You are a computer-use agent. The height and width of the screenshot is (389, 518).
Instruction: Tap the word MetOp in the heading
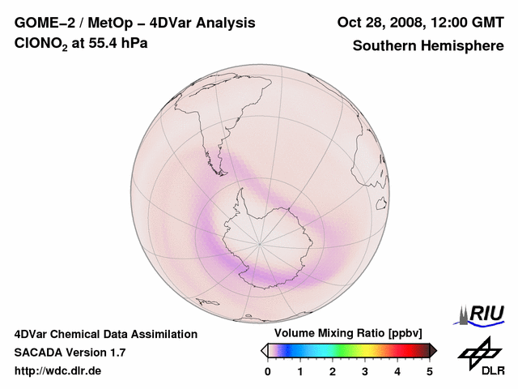pos(104,23)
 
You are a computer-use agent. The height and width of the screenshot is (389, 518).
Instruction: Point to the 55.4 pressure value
pos(107,44)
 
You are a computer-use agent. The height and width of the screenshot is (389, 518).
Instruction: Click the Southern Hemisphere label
pos(428,45)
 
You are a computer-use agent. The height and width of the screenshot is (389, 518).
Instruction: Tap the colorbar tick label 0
pos(268,371)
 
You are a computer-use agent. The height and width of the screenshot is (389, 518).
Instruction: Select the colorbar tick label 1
pos(300,371)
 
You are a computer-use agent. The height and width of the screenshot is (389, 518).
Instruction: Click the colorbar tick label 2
pos(333,371)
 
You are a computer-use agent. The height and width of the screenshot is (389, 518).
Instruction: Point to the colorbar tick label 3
pos(365,371)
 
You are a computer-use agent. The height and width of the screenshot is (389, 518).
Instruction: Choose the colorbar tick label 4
pos(397,371)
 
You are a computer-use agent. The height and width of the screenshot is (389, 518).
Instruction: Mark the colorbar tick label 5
pos(430,371)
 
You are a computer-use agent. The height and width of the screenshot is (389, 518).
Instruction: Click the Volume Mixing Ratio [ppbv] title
pos(345,333)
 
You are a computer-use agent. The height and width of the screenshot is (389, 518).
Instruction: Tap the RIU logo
pos(483,314)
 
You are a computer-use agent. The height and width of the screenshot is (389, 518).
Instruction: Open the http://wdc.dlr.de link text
pos(58,371)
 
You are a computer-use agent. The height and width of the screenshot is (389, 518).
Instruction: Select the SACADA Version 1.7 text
pos(70,353)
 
